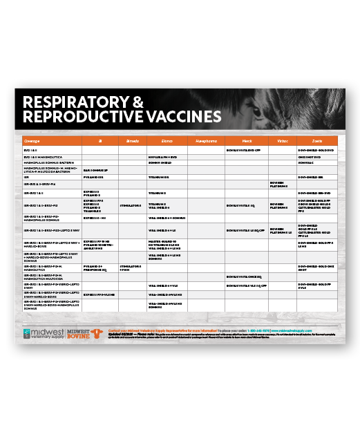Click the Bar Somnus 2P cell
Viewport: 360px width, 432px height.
pyautogui.click(x=95, y=169)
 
